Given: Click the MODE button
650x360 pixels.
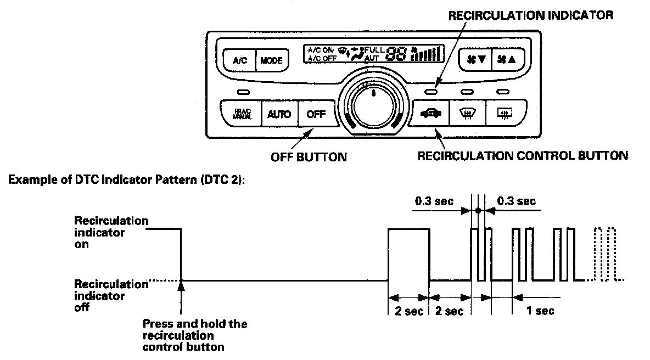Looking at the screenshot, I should coord(271,60).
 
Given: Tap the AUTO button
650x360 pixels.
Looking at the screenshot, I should coord(279,115).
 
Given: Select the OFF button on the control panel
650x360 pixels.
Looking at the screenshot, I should coord(316,115).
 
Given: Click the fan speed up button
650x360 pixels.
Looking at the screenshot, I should coord(506,59).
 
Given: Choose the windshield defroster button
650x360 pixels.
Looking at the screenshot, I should coord(466,114).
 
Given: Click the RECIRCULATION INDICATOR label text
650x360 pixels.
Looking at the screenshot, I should coord(531,16).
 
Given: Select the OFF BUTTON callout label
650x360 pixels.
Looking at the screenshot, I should coord(309,157).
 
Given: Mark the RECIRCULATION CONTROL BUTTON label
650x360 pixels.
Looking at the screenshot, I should coord(523,156).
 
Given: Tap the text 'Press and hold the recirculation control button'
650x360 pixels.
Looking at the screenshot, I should coord(194,335).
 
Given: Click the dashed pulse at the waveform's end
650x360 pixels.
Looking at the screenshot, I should coord(606,254).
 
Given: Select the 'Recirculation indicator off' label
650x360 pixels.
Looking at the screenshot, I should coord(111,296).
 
